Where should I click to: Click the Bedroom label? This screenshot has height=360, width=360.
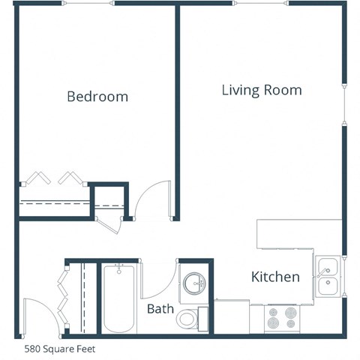[97, 97]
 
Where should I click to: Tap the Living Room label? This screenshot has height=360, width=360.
[262, 91]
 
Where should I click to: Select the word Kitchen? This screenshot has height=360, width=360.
[275, 277]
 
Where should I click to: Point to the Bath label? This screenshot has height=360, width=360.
[160, 308]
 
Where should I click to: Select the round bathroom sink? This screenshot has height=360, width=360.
[196, 283]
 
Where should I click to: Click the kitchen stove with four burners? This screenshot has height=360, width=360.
[283, 318]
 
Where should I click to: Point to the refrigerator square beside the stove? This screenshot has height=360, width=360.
[232, 316]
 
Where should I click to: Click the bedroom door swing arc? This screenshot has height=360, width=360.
[153, 197]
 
